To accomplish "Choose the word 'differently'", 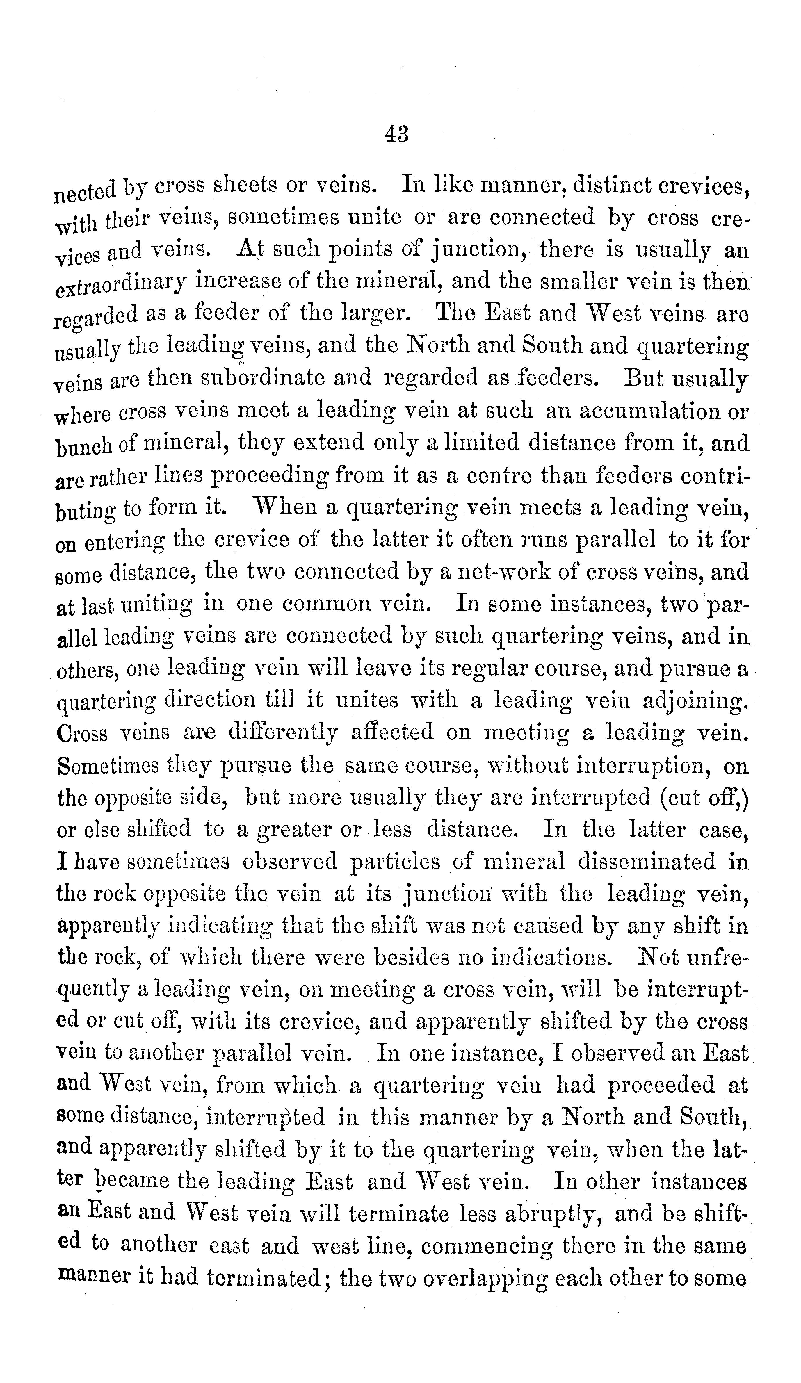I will (x=282, y=733).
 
